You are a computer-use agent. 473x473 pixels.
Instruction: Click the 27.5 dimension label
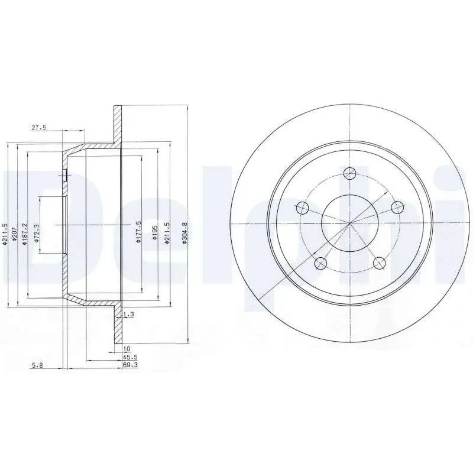pos(38,128)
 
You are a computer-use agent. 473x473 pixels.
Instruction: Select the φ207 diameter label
pos(13,234)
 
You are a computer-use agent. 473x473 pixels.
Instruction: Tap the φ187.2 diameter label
pos(25,234)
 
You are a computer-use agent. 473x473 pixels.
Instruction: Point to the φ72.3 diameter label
pos(37,234)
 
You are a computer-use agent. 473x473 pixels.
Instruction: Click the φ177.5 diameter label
pos(139,232)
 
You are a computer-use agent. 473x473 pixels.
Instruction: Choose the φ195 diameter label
pos(154,233)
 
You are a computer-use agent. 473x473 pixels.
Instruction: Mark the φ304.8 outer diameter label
pos(184,233)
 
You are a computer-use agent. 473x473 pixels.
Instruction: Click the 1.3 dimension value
pos(129,315)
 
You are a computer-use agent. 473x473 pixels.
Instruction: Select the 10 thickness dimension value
pos(127,349)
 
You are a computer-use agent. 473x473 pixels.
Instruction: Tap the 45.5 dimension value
pos(130,357)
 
